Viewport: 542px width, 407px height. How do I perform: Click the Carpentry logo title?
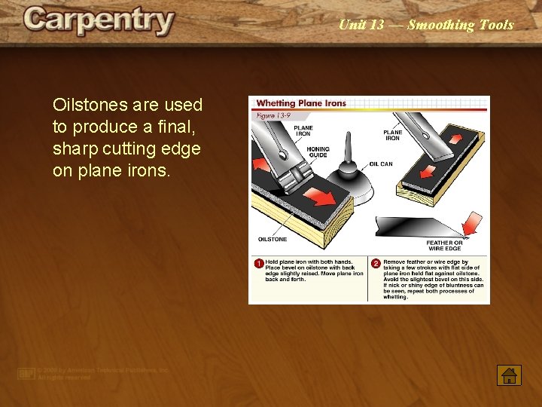pyautogui.click(x=99, y=22)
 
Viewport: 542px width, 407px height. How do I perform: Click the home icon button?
pyautogui.click(x=509, y=374)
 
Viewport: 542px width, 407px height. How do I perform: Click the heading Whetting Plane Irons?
pyautogui.click(x=301, y=103)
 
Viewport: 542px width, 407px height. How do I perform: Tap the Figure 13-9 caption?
pyautogui.click(x=274, y=115)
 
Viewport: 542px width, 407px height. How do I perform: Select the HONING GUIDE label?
pyautogui.click(x=318, y=151)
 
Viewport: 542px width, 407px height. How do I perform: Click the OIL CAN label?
pyautogui.click(x=380, y=163)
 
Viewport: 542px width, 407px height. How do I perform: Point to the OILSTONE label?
pyautogui.click(x=273, y=239)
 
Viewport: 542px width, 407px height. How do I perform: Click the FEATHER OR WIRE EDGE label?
pyautogui.click(x=444, y=245)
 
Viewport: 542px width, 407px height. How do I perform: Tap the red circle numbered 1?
pyautogui.click(x=258, y=264)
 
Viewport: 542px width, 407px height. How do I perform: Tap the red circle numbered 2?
pyautogui.click(x=376, y=264)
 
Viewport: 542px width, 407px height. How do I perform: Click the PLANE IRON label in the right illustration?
pyautogui.click(x=392, y=135)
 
